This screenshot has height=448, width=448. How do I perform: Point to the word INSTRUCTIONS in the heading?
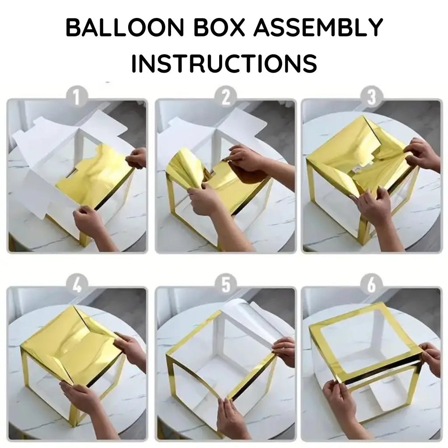[224, 63]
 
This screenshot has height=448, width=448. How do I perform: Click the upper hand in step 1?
[136, 157]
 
